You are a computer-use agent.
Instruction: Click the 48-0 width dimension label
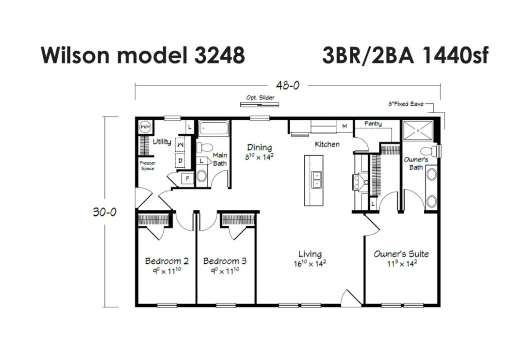pos(288,85)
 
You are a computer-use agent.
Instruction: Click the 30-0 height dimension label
pos(104,212)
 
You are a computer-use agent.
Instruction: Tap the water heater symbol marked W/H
pos(145,127)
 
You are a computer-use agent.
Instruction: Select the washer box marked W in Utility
pos(180,144)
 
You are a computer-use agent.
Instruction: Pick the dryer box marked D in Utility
pos(180,161)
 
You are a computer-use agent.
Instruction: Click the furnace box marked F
pos(187,179)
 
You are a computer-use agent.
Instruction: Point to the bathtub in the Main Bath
pos(214,129)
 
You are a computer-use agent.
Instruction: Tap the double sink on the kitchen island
pos(316,180)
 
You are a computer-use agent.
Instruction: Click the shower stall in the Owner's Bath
pos(418,130)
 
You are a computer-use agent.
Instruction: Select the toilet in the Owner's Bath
pos(429,151)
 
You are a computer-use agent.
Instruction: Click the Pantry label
pos(373,124)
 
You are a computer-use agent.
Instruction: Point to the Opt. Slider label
pos(260,98)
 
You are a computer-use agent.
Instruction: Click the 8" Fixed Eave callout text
pos(406,104)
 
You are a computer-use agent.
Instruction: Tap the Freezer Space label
pos(147,165)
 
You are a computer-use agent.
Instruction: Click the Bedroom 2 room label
pos(167,261)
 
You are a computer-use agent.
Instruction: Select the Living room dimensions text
pos(310,264)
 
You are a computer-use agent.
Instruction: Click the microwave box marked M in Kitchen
pos(345,126)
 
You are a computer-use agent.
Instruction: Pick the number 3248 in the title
pos(220,55)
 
